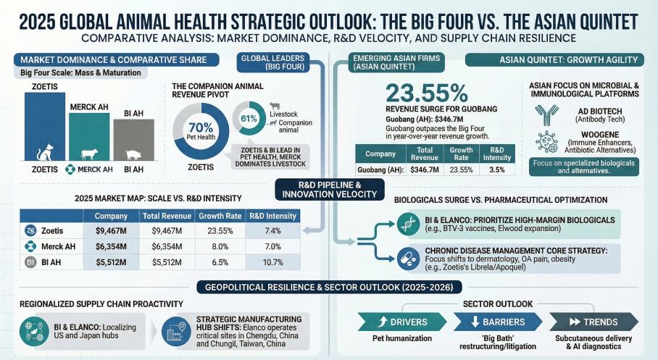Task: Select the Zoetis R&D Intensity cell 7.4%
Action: click(x=273, y=230)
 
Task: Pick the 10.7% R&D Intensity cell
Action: click(x=273, y=262)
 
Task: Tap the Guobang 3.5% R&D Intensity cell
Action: click(x=497, y=169)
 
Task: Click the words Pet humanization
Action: click(x=397, y=338)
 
